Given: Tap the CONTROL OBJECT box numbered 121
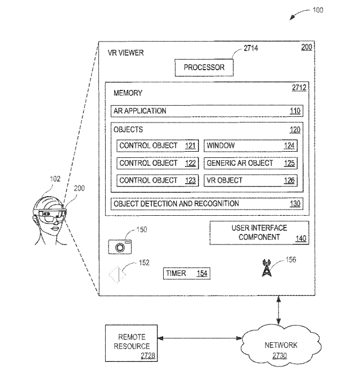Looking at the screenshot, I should (x=157, y=146).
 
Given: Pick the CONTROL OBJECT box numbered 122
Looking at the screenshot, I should (x=157, y=163).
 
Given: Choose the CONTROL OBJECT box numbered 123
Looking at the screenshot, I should (x=157, y=180).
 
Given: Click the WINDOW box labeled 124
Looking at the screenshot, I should (x=250, y=146).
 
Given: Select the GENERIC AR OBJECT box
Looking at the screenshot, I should (x=250, y=163).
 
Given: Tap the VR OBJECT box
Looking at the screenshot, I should (x=250, y=180).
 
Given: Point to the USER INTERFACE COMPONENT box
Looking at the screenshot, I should (x=259, y=233).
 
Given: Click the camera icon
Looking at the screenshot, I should (x=120, y=246).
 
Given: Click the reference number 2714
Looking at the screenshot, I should (x=251, y=49).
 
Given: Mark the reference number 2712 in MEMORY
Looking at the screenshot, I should (x=299, y=88).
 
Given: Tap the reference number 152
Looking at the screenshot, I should (x=144, y=262).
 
